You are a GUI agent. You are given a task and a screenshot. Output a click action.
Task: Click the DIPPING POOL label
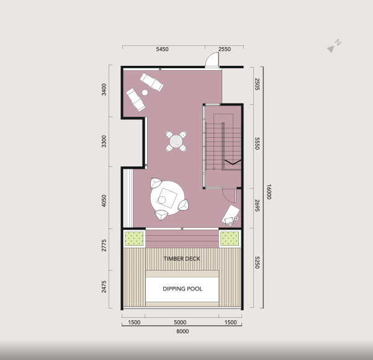182,289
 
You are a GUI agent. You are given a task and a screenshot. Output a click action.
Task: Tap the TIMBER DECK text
182,259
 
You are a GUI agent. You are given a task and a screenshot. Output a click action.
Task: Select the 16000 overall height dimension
269,192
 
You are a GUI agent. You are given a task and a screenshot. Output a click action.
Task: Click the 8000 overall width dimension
182,331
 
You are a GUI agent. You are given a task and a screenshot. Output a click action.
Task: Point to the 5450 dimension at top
162,49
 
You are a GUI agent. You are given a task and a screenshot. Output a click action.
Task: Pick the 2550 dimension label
225,49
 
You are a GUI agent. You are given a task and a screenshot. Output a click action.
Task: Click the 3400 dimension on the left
104,89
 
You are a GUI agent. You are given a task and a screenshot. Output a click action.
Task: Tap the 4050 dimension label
104,200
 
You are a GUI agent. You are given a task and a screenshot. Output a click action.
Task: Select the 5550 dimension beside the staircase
257,143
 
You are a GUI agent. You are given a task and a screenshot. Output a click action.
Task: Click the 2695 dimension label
257,205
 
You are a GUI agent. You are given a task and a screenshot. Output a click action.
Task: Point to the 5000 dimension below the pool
180,322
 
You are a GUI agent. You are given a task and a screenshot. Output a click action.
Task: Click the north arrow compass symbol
334,46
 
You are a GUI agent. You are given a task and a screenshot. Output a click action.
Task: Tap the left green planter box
135,238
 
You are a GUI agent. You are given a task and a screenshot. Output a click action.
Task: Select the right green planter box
230,238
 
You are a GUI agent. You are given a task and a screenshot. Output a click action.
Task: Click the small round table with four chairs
176,142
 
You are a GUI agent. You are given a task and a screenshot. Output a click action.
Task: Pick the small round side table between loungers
145,92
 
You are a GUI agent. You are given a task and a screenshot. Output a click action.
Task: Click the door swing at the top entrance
212,60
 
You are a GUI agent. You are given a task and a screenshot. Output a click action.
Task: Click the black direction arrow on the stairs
233,162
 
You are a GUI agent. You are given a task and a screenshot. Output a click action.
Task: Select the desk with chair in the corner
231,215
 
